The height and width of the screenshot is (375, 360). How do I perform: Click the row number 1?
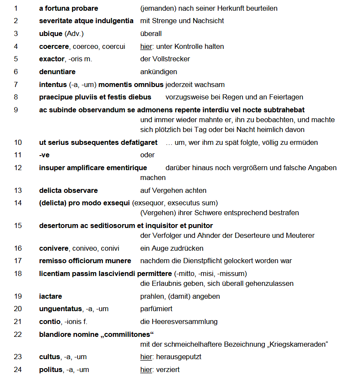[x=16, y=8]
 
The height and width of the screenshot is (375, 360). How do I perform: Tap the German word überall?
[x=151, y=33]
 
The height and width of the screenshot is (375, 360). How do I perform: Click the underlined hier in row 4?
[x=146, y=46]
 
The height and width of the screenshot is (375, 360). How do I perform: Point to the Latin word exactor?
[x=52, y=59]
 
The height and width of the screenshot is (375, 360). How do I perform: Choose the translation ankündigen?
[x=159, y=72]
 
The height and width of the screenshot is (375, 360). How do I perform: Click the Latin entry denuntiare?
[x=57, y=72]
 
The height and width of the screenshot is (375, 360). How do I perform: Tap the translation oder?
[x=147, y=155]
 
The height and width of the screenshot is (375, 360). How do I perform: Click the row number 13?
[x=18, y=190]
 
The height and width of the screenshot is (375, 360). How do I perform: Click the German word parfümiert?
[x=156, y=309]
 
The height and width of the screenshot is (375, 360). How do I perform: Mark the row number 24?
[x=18, y=369]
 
